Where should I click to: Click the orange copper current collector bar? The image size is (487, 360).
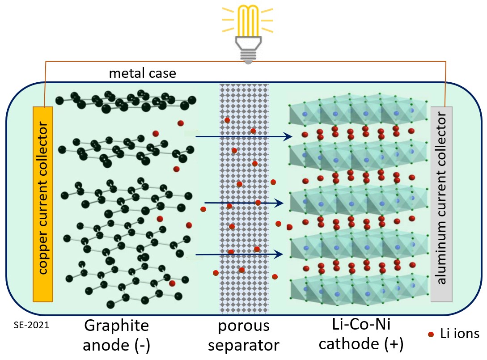tap(43, 203)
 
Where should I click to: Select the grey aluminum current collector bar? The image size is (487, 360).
tap(441, 203)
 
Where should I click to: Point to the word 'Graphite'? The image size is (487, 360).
tap(116, 326)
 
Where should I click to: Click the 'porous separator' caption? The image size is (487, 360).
tap(244, 335)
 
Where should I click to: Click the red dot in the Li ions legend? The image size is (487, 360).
tap(431, 334)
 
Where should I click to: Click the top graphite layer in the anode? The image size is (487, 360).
tap(127, 101)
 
